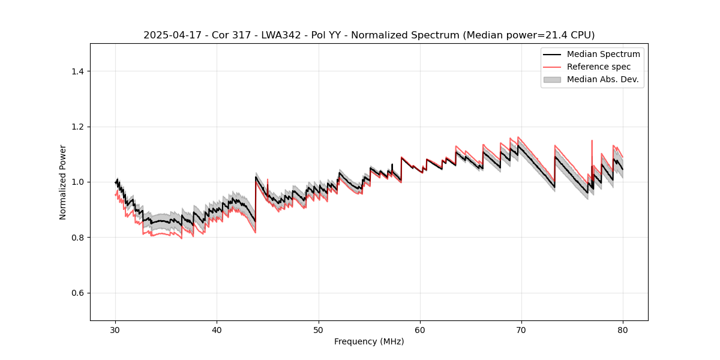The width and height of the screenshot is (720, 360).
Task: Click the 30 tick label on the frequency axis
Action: coord(116,329)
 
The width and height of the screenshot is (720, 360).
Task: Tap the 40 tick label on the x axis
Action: coord(217,329)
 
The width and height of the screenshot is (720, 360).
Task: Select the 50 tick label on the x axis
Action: coord(319,329)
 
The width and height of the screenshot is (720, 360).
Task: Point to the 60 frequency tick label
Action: coord(420,329)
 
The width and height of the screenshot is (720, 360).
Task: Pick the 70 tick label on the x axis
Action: coord(521,329)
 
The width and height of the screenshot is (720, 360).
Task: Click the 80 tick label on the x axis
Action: coord(623,329)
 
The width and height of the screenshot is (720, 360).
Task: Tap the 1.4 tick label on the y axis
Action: coord(77,71)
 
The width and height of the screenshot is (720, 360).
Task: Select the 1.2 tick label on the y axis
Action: coord(77,127)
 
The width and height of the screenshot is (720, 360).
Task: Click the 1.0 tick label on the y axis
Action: coord(77,182)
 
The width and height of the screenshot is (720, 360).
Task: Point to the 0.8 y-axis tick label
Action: coord(77,238)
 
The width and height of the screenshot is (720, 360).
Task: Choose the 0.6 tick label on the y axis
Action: coord(77,293)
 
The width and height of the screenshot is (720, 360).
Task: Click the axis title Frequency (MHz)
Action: coord(369,341)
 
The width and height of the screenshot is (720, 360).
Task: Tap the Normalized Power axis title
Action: coord(62,182)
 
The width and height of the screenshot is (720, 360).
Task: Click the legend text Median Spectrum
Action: coord(603,54)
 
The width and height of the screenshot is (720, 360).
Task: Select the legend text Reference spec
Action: coord(599,67)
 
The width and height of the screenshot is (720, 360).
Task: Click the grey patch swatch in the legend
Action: coord(552,79)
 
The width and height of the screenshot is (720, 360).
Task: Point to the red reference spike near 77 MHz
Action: coord(592,144)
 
